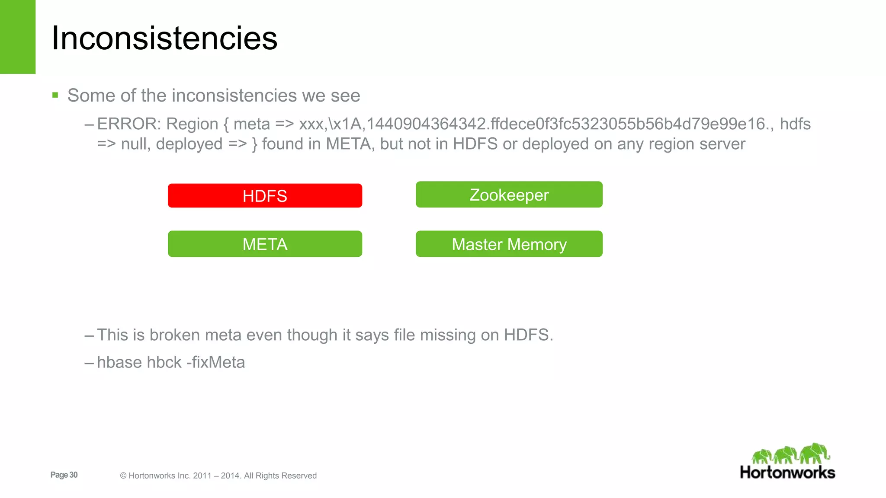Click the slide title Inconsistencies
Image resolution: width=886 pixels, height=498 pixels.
(x=164, y=38)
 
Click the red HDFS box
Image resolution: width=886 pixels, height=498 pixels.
(x=265, y=196)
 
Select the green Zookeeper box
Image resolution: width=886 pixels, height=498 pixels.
(x=509, y=195)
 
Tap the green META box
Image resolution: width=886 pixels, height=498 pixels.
(x=265, y=244)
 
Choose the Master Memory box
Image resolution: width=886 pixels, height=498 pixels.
(x=509, y=244)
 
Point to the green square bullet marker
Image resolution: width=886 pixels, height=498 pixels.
(x=55, y=95)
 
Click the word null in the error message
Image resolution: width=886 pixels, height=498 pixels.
(x=135, y=144)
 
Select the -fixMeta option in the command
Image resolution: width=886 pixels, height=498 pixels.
(x=215, y=362)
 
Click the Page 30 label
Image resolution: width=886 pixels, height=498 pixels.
(x=64, y=475)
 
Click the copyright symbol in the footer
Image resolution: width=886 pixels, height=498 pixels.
(x=123, y=476)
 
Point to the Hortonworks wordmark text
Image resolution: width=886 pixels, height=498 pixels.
(x=787, y=472)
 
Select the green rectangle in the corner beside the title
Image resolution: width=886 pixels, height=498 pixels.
(x=17, y=37)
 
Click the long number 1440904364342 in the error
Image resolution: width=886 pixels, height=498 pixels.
(x=426, y=124)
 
